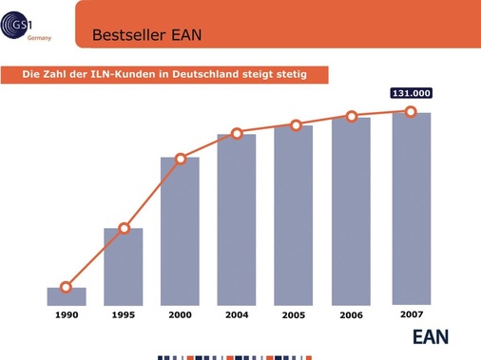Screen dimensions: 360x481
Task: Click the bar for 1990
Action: pyautogui.click(x=67, y=296)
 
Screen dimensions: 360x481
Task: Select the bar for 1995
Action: pyautogui.click(x=124, y=267)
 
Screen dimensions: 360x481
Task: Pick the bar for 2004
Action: pyautogui.click(x=237, y=219)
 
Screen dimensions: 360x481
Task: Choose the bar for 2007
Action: pyautogui.click(x=411, y=209)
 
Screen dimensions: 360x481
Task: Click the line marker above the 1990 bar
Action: pyautogui.click(x=66, y=287)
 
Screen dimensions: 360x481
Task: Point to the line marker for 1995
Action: pyautogui.click(x=124, y=229)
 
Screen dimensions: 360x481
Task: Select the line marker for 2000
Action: pyautogui.click(x=181, y=159)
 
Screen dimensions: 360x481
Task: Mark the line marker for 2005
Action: pyautogui.click(x=296, y=125)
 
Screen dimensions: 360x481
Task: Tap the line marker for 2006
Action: pyautogui.click(x=352, y=116)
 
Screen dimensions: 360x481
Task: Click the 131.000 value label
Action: pyautogui.click(x=411, y=93)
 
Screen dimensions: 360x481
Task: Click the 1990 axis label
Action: pyautogui.click(x=67, y=314)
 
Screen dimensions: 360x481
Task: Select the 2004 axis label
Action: pyautogui.click(x=237, y=314)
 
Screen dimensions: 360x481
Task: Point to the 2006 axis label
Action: pyautogui.click(x=352, y=314)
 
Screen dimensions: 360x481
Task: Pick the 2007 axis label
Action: pyautogui.click(x=411, y=313)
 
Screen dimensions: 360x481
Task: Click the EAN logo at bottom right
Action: pyautogui.click(x=430, y=336)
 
